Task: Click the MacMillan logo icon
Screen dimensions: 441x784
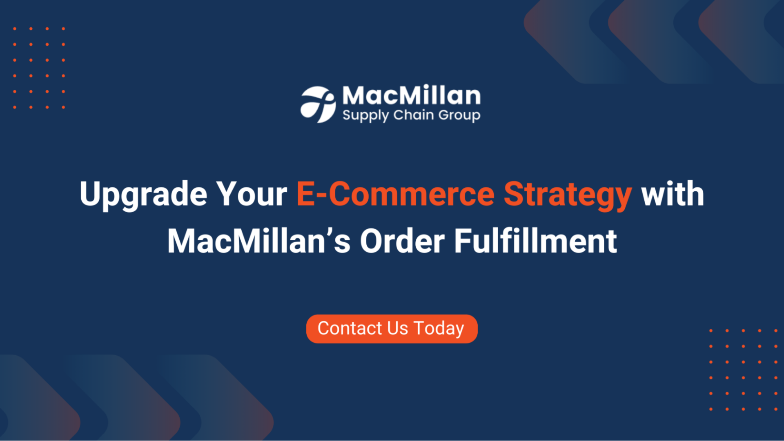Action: [318, 104]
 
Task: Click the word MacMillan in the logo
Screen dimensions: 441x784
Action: [411, 96]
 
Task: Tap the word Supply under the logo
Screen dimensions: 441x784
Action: [365, 115]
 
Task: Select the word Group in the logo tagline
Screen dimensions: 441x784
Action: [459, 115]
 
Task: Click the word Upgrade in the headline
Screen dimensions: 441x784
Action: [143, 195]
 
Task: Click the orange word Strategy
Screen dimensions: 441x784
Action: [568, 195]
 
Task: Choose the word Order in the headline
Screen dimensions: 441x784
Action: [402, 241]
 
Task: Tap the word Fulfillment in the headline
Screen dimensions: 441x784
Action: [535, 241]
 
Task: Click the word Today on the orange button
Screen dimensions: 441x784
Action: [439, 329]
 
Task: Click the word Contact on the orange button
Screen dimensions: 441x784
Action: [350, 329]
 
